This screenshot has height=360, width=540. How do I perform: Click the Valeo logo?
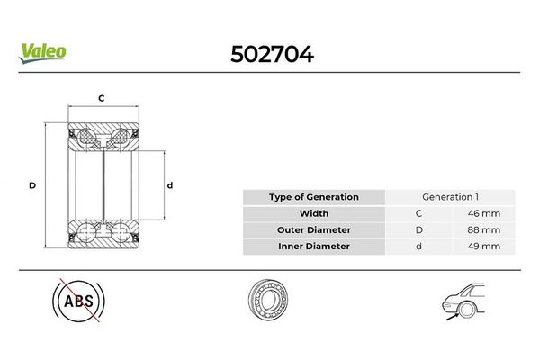tap(42, 53)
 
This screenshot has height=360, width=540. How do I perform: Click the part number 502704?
tap(272, 54)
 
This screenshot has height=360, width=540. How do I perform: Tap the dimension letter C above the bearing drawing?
tap(101, 98)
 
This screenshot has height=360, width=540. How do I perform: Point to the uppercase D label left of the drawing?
tap(32, 185)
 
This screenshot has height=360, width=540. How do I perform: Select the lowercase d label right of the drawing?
tap(170, 185)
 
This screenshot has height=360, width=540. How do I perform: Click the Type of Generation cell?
tap(314, 197)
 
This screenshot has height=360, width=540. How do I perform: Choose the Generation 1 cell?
tap(450, 197)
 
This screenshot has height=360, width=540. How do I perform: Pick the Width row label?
tap(314, 213)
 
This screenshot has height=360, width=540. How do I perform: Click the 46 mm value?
tap(484, 213)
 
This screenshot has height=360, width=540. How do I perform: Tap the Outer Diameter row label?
tap(314, 229)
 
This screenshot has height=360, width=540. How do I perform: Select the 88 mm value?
tap(484, 229)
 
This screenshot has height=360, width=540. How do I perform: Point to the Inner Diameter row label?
tap(314, 247)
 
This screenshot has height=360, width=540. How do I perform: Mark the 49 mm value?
tap(484, 247)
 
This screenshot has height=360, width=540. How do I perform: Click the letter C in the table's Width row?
tap(418, 213)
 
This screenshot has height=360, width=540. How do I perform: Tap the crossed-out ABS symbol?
tap(78, 301)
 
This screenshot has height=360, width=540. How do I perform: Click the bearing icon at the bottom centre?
tap(268, 299)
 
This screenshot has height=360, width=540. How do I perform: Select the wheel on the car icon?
tap(466, 309)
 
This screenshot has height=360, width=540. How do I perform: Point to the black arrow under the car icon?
tap(453, 316)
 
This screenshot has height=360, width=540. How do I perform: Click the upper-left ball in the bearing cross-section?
tap(85, 138)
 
